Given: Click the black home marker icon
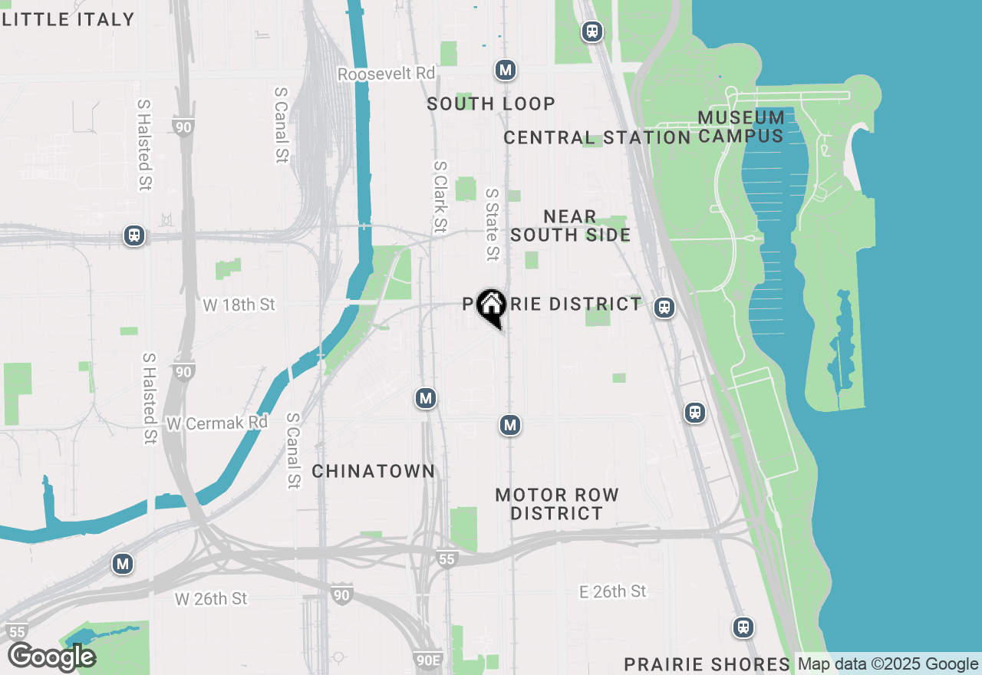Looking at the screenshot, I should tap(490, 307).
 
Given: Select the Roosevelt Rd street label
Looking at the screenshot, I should tap(387, 74).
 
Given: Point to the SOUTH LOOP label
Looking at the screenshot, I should tap(491, 104).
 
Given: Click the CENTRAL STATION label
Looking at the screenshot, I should tap(597, 138).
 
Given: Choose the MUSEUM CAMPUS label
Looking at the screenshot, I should tap(742, 127).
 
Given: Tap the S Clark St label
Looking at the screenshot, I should tap(440, 196).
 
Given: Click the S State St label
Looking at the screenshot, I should tap(493, 225).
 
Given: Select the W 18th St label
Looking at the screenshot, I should tap(239, 305).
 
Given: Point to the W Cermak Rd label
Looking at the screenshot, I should tap(217, 423).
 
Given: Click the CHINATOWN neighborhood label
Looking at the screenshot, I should tap(374, 471).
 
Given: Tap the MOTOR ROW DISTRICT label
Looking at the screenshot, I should tap(557, 504).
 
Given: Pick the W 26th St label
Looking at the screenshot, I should tap(211, 598).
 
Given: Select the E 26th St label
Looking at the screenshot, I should tap(613, 591).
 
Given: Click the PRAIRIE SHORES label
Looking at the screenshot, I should tap(707, 664).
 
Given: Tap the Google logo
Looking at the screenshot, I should tap(51, 657).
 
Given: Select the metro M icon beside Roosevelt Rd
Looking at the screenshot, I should tap(505, 71).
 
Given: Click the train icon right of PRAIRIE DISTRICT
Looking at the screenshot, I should tap(664, 308).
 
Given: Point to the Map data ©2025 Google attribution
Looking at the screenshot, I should tap(888, 664).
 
